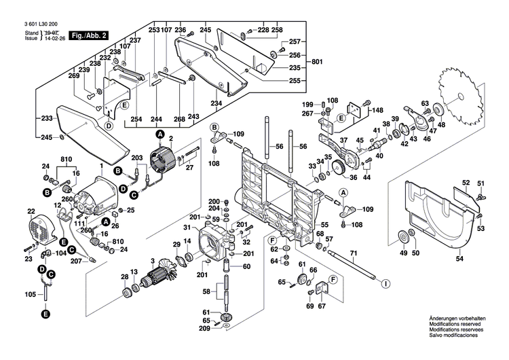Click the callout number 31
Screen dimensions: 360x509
[x=187, y=226]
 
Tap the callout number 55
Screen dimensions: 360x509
[x=324, y=224]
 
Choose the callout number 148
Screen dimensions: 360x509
[x=377, y=110]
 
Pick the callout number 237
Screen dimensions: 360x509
[x=135, y=40]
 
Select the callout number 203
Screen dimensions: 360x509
[x=137, y=158]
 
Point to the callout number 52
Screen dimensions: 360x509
[x=466, y=183]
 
